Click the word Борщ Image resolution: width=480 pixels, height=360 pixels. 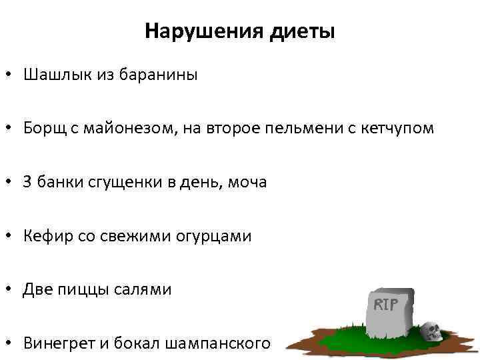[41, 128]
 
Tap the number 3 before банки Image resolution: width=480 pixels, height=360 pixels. [27, 182]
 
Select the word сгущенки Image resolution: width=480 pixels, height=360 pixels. [116, 182]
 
